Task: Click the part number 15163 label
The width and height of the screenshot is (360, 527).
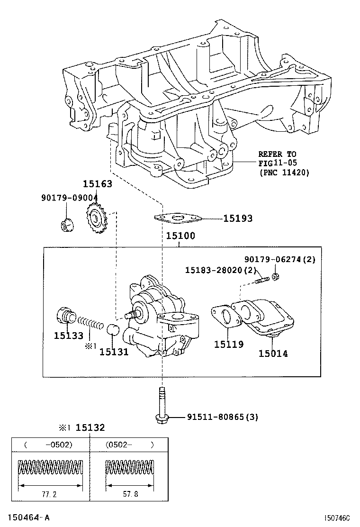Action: point(98,184)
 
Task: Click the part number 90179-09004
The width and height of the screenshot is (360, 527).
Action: point(69,198)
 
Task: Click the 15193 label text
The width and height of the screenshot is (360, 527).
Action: point(238,218)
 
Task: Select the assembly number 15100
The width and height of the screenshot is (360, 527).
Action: point(180,236)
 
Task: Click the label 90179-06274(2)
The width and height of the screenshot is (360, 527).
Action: point(279,259)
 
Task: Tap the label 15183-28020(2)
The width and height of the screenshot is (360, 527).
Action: point(221,270)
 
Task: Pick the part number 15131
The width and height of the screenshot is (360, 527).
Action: point(114,352)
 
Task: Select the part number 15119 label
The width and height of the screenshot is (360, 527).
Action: point(229,345)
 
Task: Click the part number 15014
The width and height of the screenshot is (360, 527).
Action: point(273,353)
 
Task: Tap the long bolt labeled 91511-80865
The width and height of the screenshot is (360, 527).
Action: point(162,403)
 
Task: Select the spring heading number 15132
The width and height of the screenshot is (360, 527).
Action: point(90,427)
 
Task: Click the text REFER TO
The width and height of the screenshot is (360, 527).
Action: point(277,154)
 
